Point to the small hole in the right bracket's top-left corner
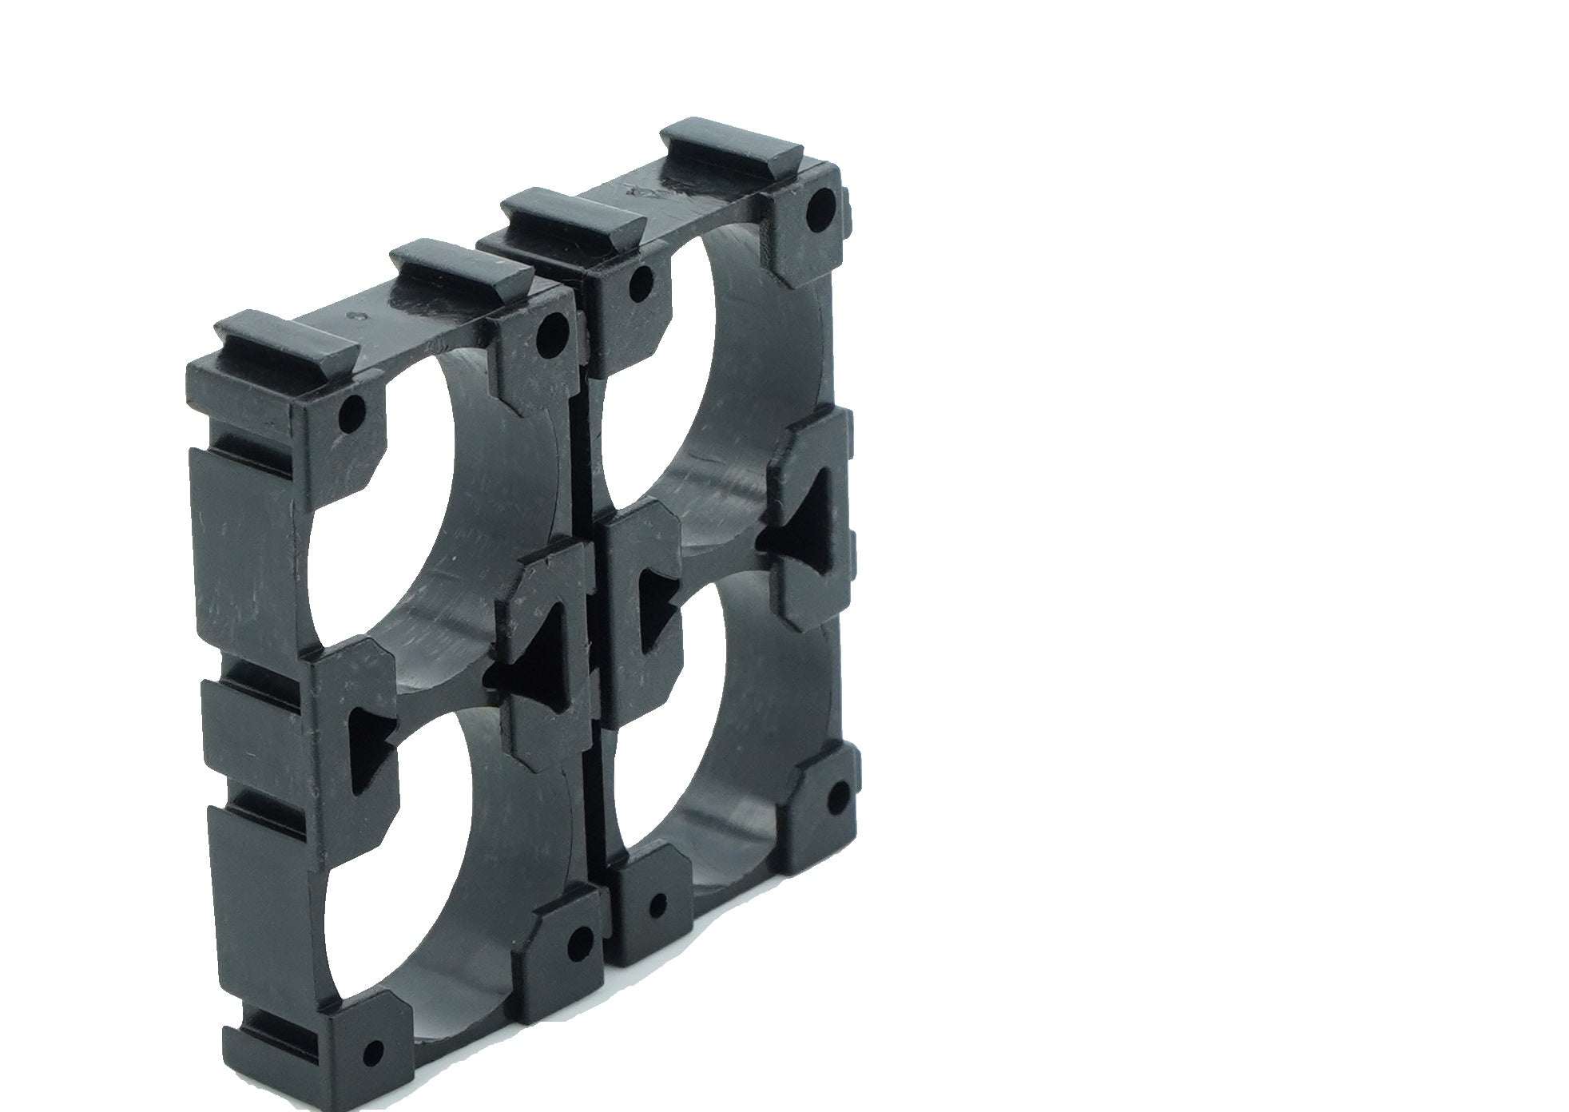click(640, 279)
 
